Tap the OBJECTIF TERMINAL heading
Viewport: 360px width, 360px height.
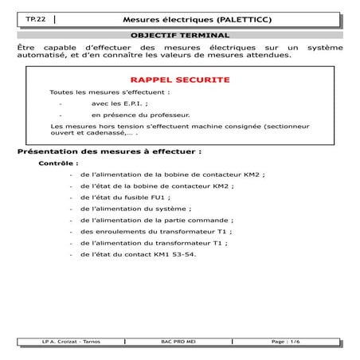(x=179, y=35)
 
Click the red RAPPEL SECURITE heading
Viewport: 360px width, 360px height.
(x=179, y=80)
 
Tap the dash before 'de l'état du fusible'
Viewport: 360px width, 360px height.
(x=72, y=197)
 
